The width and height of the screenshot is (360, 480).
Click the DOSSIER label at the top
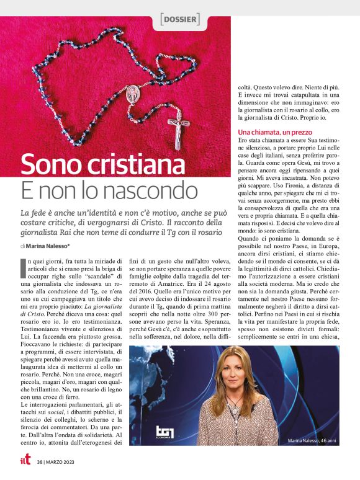pos(180,19)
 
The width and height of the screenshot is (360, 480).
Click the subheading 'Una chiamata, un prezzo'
pos(274,133)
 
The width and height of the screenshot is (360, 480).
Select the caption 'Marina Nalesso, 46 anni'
pos(312,441)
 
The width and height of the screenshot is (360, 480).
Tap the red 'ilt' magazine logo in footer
pos(24,461)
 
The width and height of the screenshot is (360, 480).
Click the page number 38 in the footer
pos(40,462)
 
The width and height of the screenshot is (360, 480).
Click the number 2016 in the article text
pos(140,306)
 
